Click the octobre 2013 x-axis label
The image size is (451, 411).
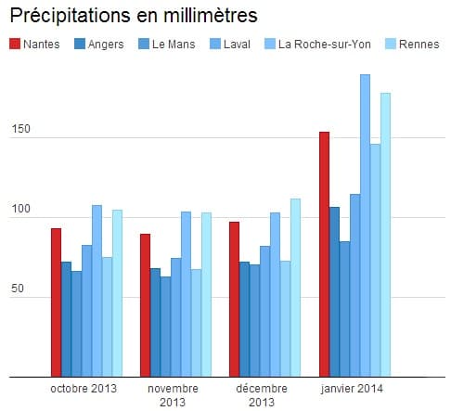pyautogui.click(x=84, y=388)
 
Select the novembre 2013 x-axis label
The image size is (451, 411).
pyautogui.click(x=172, y=394)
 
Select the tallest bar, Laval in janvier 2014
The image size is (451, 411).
pyautogui.click(x=365, y=226)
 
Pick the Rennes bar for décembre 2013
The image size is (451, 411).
pyautogui.click(x=295, y=289)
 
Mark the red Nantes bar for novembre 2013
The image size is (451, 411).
pyautogui.click(x=145, y=306)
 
